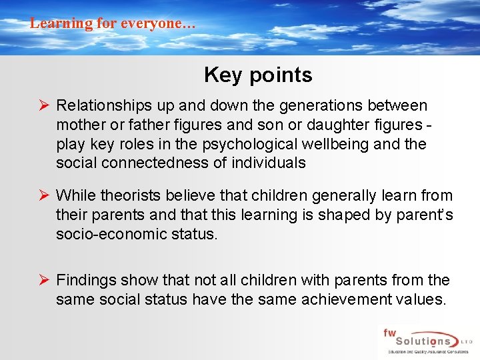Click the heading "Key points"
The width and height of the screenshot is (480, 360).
[258, 75]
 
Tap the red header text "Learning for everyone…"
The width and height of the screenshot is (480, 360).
[113, 23]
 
